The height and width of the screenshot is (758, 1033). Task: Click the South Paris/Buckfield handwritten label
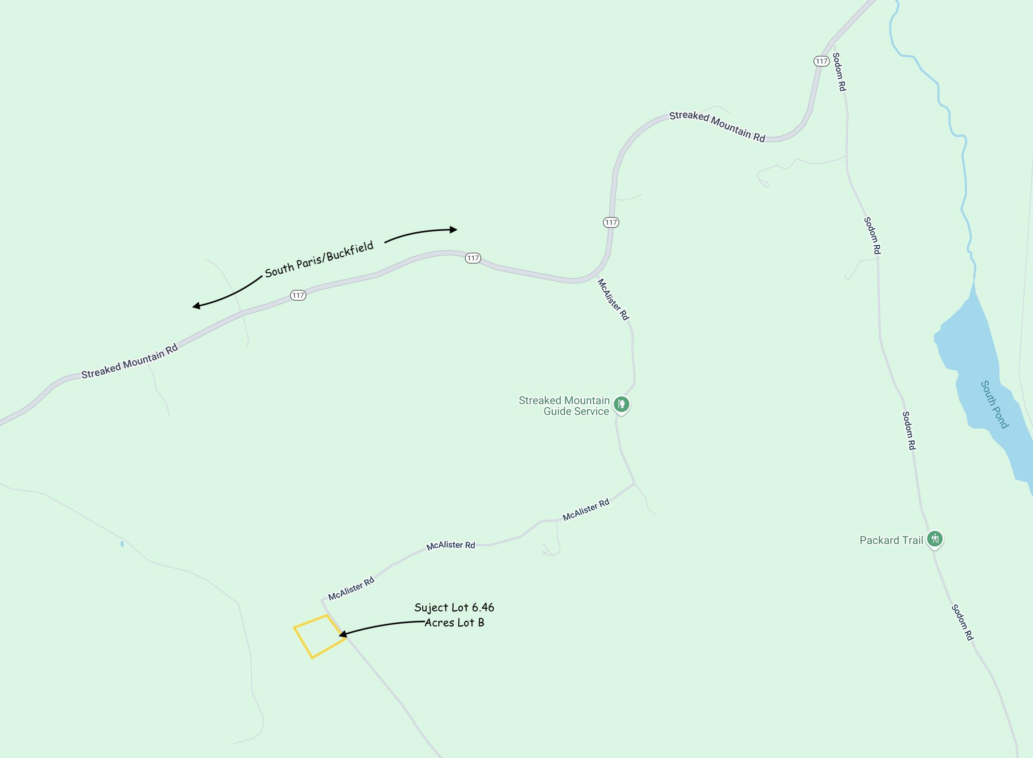319,259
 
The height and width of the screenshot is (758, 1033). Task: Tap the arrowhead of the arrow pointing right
454,229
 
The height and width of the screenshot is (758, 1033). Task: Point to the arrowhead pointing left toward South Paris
197,306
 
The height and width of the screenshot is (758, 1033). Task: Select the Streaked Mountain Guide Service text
564,406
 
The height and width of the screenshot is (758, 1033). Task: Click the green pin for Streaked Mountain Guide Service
621,404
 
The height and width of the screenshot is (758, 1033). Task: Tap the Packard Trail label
891,540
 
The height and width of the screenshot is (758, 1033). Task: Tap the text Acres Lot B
454,623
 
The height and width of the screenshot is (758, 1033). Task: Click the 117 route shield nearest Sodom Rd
821,61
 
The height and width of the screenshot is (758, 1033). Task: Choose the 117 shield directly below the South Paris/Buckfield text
298,295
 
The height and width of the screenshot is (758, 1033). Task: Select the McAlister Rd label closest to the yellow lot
351,589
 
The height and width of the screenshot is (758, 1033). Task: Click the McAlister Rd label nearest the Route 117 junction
613,299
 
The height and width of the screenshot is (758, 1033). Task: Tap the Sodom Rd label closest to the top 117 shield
839,72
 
